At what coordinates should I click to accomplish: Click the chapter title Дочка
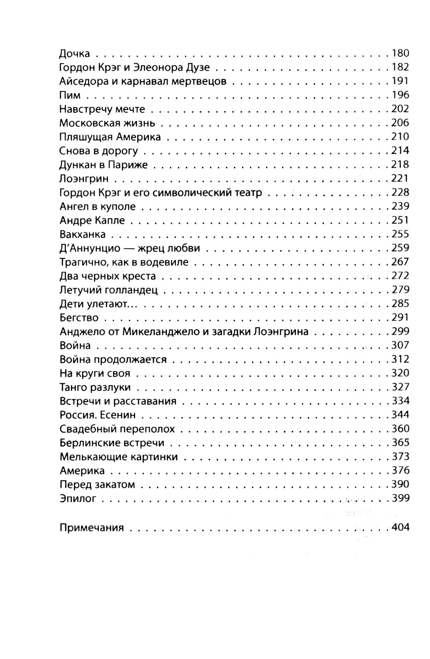(x=74, y=54)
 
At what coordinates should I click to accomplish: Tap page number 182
(x=400, y=67)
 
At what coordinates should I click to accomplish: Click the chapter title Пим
(x=70, y=95)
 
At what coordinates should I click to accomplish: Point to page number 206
(x=400, y=123)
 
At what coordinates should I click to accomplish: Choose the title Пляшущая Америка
(x=110, y=137)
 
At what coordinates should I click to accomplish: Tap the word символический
(x=190, y=192)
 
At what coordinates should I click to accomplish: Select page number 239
(x=400, y=206)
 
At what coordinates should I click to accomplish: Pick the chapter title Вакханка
(x=83, y=235)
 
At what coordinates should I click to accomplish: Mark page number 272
(x=400, y=276)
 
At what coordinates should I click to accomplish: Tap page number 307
(x=400, y=345)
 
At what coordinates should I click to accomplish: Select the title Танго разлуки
(x=95, y=387)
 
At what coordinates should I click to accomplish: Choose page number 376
(x=400, y=470)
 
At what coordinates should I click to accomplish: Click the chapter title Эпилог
(x=78, y=499)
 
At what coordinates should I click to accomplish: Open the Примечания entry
(x=92, y=528)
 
